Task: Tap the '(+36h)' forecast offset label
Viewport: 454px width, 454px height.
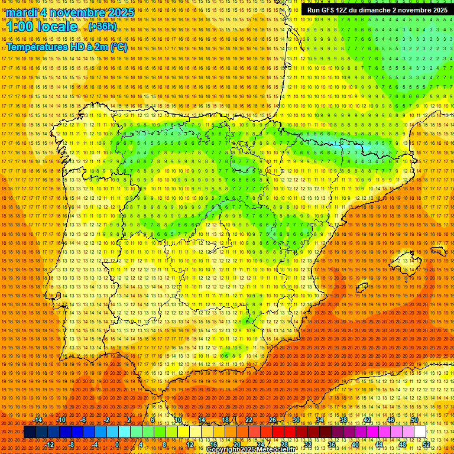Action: coord(103,27)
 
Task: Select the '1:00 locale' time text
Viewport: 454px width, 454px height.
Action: coord(42,27)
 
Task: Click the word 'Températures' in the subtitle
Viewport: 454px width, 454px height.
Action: coord(36,47)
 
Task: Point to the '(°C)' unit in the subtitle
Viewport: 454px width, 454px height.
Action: coord(118,47)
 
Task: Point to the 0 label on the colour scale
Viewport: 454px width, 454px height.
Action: coord(117,445)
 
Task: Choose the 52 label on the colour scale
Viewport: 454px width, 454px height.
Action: coord(426,445)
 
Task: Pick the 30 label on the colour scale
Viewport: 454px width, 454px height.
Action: coord(296,420)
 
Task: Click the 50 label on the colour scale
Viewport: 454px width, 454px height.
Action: coord(414,420)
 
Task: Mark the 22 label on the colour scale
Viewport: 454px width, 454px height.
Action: coord(249,420)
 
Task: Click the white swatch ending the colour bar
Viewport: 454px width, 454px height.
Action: coord(420,432)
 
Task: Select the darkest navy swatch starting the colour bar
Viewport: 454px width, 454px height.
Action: coord(30,432)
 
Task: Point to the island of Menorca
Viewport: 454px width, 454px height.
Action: coord(438,250)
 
